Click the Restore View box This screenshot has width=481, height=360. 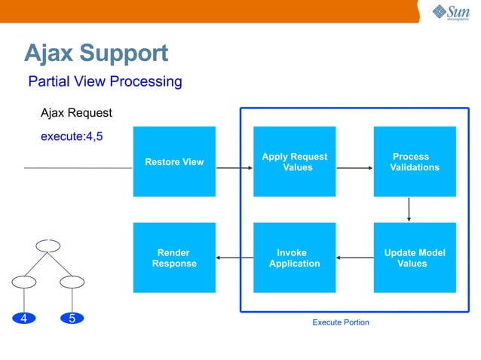(173, 161)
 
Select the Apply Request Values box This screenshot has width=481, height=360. (294, 161)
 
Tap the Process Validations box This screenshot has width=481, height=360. (415, 161)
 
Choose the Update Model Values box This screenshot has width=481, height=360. (415, 258)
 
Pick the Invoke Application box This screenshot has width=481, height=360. (294, 258)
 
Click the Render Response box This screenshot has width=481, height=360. (173, 258)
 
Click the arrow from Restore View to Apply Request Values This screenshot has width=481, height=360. (234, 167)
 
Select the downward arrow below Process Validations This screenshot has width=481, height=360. (409, 209)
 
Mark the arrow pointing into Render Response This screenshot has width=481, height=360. (234, 258)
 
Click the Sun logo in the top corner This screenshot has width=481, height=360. (450, 12)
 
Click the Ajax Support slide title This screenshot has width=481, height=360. (96, 53)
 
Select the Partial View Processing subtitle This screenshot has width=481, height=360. (105, 81)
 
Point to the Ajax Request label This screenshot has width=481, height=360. (76, 113)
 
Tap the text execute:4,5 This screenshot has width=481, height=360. (72, 136)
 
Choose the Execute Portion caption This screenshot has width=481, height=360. (341, 322)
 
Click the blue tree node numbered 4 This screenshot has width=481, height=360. (24, 318)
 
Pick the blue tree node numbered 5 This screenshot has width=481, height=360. (72, 318)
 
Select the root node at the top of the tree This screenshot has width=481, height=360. (47, 245)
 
